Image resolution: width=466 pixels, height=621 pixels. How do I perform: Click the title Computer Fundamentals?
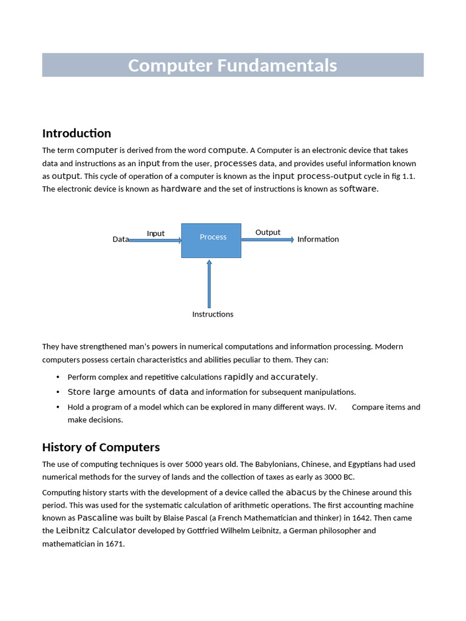[x=232, y=65]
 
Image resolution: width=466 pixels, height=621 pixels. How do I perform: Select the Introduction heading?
[x=76, y=133]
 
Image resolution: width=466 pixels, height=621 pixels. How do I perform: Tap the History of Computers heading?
[x=101, y=448]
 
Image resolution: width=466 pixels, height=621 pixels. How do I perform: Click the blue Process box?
[x=211, y=241]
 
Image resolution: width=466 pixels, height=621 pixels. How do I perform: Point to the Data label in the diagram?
[x=120, y=240]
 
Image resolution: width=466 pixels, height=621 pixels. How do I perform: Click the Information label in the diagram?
[x=318, y=240]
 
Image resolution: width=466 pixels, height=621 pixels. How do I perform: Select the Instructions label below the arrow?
[x=212, y=314]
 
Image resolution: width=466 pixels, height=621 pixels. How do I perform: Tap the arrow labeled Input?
[x=155, y=240]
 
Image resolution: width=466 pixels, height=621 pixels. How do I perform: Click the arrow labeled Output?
[x=268, y=240]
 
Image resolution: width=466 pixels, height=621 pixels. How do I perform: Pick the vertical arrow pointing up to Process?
[x=209, y=284]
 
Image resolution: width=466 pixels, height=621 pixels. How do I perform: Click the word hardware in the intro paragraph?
[x=181, y=189]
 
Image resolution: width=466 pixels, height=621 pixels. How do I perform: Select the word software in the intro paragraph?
[x=357, y=189]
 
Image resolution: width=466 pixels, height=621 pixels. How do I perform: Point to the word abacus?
[x=301, y=492]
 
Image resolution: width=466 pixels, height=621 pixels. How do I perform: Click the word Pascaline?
[x=97, y=518]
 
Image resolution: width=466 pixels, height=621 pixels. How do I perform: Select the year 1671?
[x=114, y=544]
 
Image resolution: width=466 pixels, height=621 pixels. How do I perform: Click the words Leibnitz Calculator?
[x=96, y=531]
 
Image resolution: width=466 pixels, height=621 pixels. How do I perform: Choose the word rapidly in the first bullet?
[x=238, y=377]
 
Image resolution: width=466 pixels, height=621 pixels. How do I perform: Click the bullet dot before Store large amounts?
[x=58, y=392]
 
